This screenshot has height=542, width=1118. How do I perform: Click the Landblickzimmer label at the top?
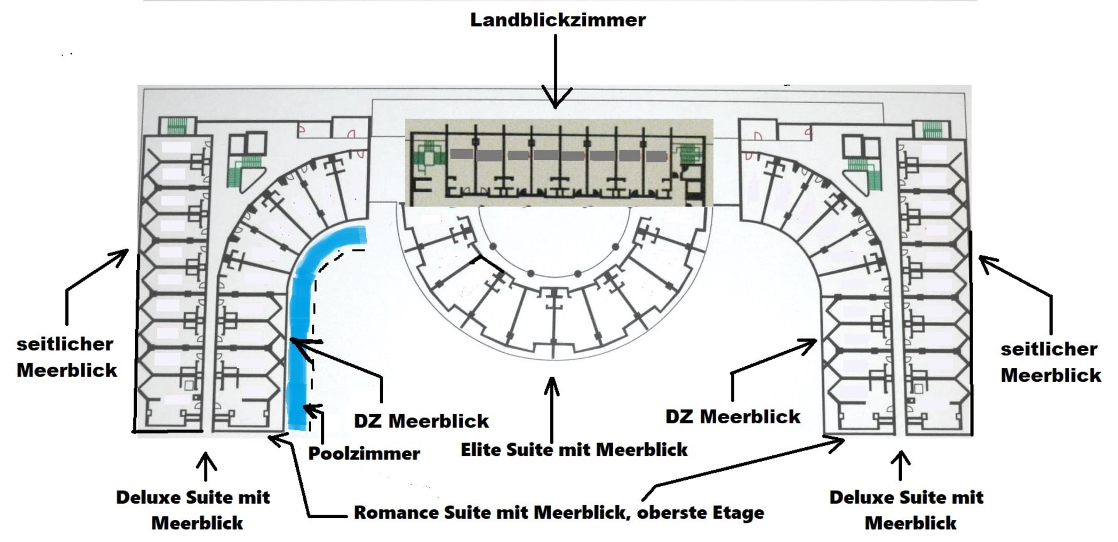pos(557,20)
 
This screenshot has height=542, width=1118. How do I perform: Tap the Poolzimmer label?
pos(363,453)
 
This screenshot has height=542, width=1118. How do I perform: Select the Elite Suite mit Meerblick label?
pos(574,449)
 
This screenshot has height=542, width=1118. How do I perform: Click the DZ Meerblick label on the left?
pos(421,420)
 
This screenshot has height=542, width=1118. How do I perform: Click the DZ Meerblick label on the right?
pos(733,416)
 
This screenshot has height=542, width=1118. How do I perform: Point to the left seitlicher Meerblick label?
pos(66,357)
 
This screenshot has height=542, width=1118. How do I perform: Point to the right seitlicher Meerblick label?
pos(1050,362)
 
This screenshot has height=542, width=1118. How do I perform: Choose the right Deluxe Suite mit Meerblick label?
pos(907,509)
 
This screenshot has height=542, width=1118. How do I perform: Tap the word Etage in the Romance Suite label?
pos(739,512)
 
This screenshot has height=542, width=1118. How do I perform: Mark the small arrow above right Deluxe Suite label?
pos(901,464)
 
